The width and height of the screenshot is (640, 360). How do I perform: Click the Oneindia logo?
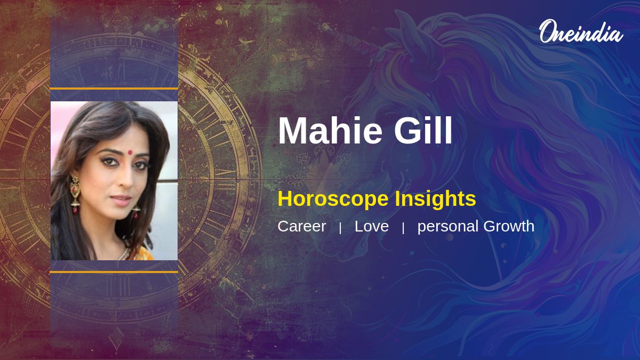tap(581, 31)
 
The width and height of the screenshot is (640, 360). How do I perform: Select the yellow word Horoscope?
tap(333, 199)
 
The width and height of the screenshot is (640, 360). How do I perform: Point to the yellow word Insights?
tap(435, 199)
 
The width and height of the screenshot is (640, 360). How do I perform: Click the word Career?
tap(302, 226)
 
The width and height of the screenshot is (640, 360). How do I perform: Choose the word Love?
tap(371, 226)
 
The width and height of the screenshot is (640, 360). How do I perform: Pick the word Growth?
tap(509, 226)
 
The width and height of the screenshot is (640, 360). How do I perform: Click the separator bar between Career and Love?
tap(340, 228)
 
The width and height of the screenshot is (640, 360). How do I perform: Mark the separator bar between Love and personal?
tap(403, 228)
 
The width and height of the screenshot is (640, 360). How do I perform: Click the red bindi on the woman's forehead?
tap(130, 153)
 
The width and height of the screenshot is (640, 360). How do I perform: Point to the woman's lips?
tap(121, 200)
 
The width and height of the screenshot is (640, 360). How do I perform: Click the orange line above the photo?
tap(114, 89)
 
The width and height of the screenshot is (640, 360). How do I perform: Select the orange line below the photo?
tap(114, 272)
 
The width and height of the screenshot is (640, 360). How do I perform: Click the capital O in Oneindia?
tap(547, 31)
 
